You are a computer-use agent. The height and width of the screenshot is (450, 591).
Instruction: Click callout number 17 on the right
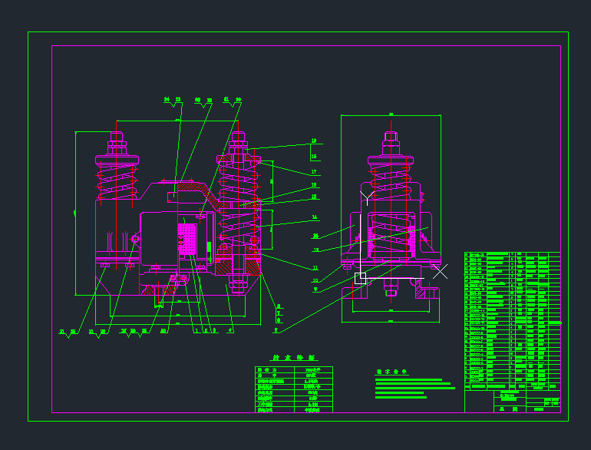314,171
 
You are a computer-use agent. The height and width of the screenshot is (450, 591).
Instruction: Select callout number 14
314,217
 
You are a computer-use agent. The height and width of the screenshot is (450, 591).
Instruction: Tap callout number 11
315,267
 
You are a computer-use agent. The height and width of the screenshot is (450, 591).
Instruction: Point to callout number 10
315,280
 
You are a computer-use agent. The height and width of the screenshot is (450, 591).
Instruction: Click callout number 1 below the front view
196,330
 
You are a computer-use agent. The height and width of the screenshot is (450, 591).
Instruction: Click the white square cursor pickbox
360,278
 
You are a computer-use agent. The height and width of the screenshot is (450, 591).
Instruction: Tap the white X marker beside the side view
440,271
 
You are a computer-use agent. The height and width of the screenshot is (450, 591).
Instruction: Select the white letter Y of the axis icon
366,196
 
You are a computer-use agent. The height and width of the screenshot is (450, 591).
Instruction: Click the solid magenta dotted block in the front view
187,239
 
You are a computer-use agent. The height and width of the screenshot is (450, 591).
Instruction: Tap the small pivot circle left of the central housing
136,239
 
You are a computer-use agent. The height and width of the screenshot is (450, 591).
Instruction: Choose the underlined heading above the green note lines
391,373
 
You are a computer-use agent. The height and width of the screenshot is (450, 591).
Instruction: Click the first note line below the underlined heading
408,380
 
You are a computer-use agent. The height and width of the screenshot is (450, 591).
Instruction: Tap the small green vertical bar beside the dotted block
208,249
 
